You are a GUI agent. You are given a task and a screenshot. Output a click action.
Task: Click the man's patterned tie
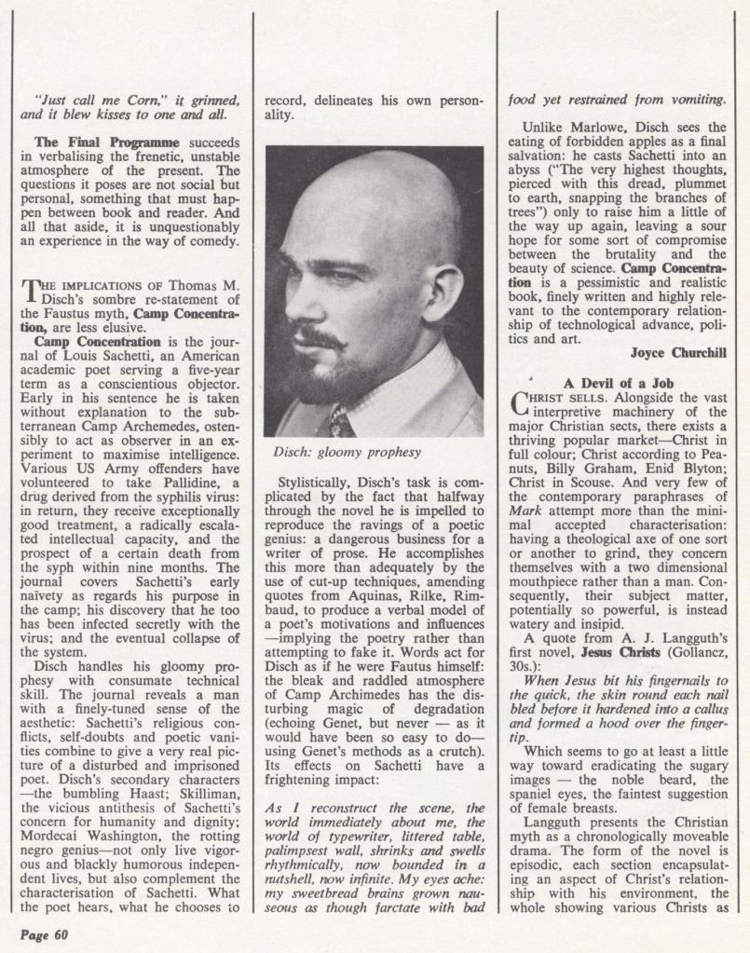pos(341,422)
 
